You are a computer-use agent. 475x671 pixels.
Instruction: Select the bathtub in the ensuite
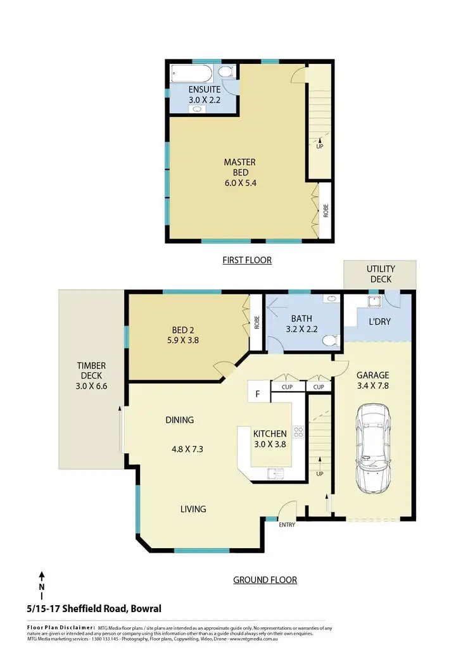tap(188, 74)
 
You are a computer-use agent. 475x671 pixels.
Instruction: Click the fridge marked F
tap(258, 394)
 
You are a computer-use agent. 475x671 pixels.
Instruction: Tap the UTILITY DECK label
tap(380, 274)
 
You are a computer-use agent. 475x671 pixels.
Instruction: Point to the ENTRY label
tap(288, 525)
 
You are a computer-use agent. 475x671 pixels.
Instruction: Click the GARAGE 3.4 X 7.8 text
tap(372, 380)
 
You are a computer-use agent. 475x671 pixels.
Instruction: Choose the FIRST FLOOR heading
tap(246, 260)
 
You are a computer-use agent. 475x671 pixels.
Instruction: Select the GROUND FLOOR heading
tap(265, 579)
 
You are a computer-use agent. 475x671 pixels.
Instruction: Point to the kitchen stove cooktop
tap(298, 434)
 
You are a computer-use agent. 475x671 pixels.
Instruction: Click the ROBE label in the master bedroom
tap(326, 211)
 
